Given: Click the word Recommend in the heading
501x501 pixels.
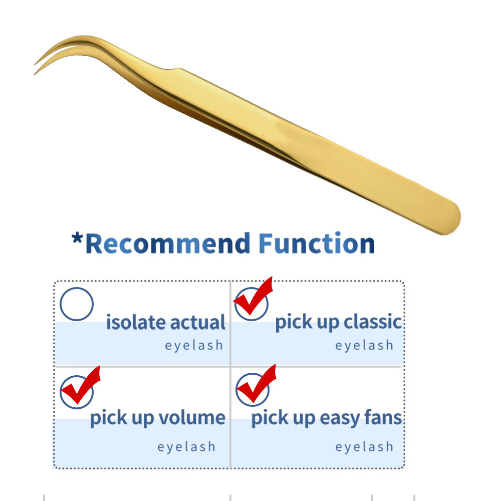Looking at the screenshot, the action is (168, 243).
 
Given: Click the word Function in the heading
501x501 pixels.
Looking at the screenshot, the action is (316, 243).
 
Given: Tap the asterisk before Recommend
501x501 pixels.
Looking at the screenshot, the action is (77, 238).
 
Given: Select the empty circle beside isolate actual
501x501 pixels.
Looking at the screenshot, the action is (77, 304).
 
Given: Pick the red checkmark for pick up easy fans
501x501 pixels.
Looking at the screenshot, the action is (256, 383).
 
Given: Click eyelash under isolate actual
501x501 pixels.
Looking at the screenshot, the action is (194, 346).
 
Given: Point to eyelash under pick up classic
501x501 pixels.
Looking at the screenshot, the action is (364, 346).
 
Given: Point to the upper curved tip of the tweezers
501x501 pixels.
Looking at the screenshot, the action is (35, 65).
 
